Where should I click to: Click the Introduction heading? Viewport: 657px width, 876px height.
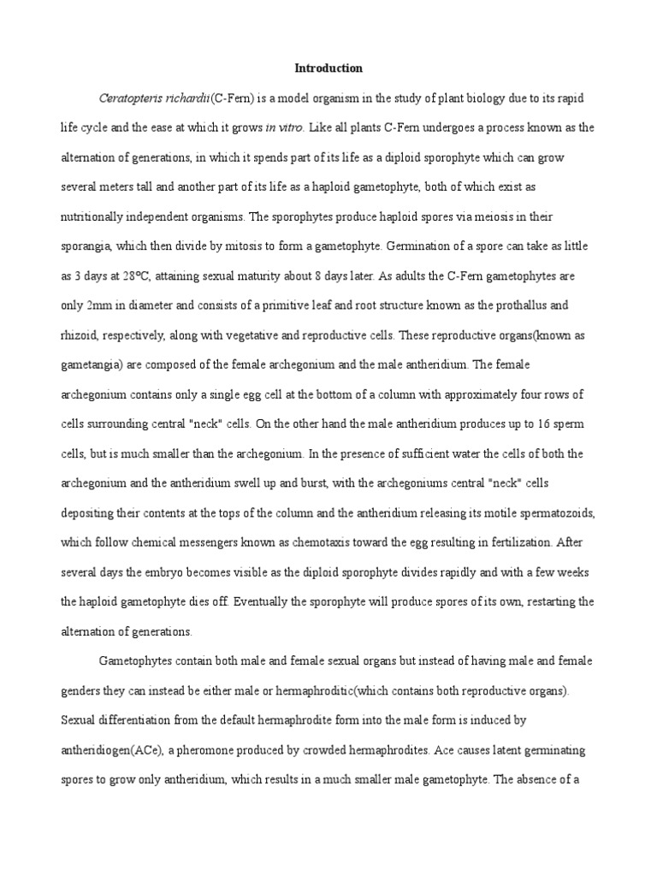coord(328,68)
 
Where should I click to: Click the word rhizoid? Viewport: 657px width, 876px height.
coord(80,335)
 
